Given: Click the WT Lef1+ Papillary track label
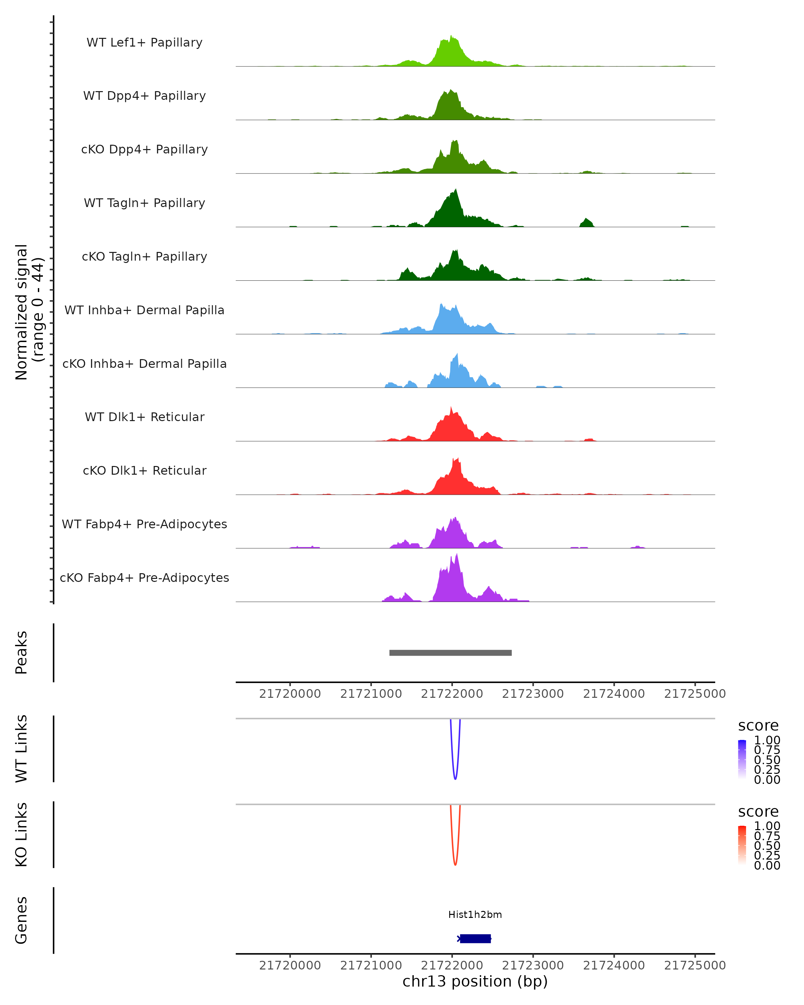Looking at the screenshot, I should click(144, 43).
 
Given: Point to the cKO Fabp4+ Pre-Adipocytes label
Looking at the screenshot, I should click(144, 578).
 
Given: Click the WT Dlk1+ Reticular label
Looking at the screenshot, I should click(144, 417).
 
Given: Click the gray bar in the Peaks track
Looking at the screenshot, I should click(450, 653).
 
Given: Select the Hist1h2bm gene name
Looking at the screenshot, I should click(475, 915).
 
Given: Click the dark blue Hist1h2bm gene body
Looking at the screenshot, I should click(475, 939).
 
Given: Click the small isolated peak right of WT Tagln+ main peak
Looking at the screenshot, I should click(586, 222).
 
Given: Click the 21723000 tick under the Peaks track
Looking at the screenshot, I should click(533, 694).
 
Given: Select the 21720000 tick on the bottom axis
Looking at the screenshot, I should click(290, 965).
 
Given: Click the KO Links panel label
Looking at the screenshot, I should click(21, 834).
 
